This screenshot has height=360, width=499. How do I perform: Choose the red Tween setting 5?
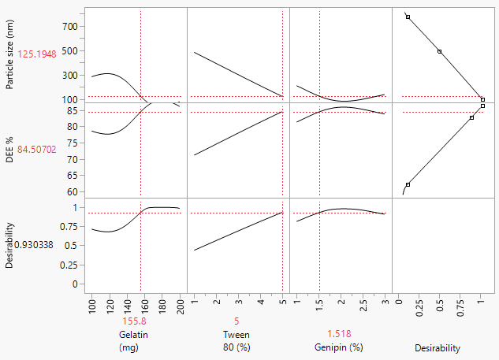coord(236,321)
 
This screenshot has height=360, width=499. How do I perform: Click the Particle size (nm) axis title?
coord(10,54)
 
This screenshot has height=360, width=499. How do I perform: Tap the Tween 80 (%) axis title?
coord(236,340)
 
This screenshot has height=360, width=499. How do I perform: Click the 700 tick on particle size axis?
coord(71,26)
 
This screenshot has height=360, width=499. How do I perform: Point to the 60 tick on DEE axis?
coord(73,191)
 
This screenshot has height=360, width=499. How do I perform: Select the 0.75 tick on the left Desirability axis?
coord(71,227)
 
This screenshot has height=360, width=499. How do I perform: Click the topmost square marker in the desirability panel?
coord(408,17)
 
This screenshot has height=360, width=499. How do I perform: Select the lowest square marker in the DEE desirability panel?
coord(408,184)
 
